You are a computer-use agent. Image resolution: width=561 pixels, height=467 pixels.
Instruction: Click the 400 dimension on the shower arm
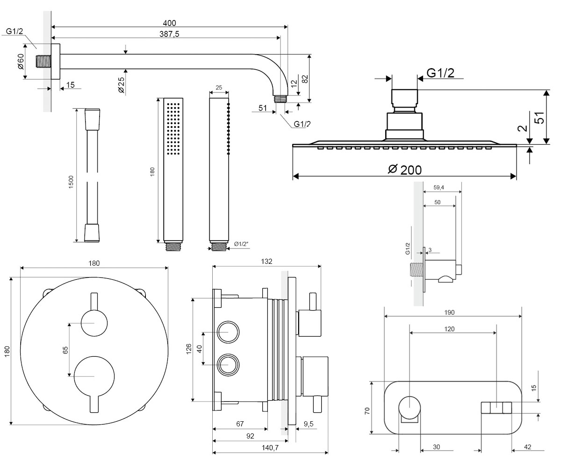169,23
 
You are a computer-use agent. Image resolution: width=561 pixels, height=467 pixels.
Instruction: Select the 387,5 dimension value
169,34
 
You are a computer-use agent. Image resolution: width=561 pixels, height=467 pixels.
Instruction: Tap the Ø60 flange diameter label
21,62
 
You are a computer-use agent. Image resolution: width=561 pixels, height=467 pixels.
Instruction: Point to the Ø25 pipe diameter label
121,85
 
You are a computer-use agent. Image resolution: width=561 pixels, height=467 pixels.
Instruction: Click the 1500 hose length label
71,182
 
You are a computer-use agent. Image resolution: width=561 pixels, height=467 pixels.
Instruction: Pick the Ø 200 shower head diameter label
405,170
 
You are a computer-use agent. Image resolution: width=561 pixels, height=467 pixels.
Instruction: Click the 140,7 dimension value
270,448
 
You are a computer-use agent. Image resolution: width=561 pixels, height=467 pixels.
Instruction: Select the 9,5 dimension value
309,424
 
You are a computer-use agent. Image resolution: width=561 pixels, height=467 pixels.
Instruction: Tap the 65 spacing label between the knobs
65,350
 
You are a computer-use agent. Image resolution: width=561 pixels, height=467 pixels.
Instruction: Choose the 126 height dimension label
188,349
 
